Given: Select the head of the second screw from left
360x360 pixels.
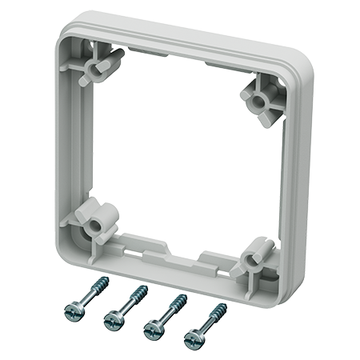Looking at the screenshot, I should (113, 322).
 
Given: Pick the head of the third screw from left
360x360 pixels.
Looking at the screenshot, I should (152, 329).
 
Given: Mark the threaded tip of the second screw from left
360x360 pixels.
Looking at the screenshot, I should (145, 288).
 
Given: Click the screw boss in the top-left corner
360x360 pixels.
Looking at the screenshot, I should (98, 64).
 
